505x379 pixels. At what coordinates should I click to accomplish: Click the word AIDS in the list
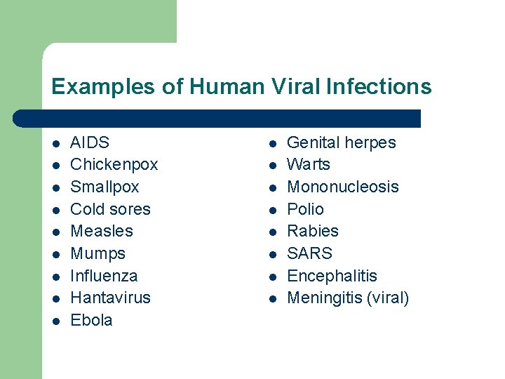point(90,142)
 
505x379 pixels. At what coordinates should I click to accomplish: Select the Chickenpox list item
point(114,164)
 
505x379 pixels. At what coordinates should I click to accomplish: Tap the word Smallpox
point(105,187)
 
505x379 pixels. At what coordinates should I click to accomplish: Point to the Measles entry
point(102,231)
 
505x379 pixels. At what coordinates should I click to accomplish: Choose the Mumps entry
point(97,253)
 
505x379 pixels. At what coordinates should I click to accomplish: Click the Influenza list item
point(104,276)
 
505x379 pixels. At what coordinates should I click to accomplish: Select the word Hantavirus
point(110,298)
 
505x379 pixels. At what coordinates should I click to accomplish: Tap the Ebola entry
point(91,320)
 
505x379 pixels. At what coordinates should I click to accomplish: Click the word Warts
point(308,164)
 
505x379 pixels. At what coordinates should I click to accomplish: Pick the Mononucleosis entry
point(342,187)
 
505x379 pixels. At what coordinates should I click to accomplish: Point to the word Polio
point(305,209)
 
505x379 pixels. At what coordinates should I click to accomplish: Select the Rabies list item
point(312,231)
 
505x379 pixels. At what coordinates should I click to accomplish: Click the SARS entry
point(309,253)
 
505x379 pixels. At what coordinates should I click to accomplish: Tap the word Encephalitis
point(332,276)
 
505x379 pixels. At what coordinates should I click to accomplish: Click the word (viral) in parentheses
point(388,298)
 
